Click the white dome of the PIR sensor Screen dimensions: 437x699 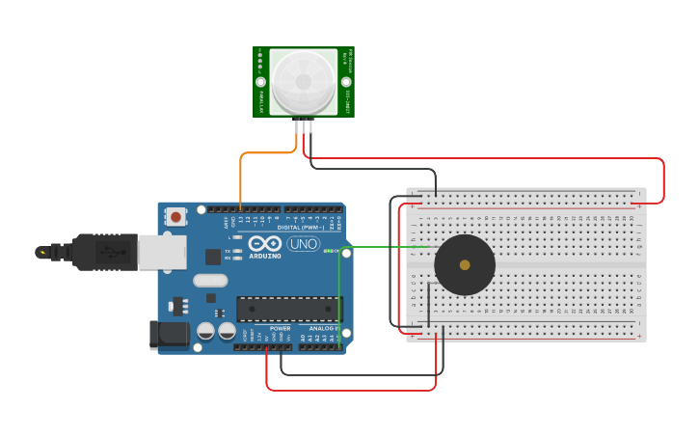click(x=304, y=82)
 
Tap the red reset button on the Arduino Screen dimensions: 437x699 click(x=175, y=217)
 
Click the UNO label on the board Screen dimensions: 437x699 click(x=304, y=244)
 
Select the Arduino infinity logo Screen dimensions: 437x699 click(x=265, y=243)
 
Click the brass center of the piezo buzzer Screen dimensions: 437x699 click(x=465, y=264)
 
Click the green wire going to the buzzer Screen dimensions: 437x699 click(x=386, y=247)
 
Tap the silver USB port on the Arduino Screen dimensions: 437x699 click(x=161, y=252)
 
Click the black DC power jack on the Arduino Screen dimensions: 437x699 click(x=167, y=335)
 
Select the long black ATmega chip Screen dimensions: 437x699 click(x=289, y=309)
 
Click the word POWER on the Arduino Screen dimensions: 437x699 click(x=280, y=329)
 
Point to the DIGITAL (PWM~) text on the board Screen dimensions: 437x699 click(x=302, y=227)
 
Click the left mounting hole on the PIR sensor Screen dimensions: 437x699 click(x=260, y=82)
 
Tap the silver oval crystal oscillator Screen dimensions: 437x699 click(x=209, y=281)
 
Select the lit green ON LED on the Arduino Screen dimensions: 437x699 click(x=327, y=252)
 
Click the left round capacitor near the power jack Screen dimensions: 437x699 click(x=205, y=331)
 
